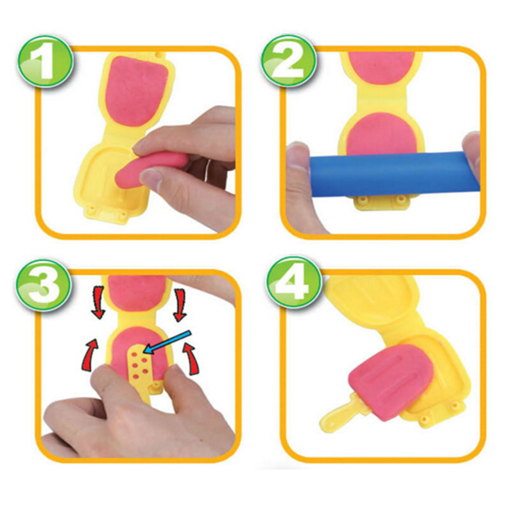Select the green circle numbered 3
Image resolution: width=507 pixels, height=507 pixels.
pos(44,285)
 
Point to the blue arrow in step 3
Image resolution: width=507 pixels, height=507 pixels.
pos(167,342)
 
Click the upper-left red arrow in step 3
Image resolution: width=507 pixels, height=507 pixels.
pos(98,302)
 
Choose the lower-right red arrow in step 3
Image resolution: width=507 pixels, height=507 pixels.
pos(191,359)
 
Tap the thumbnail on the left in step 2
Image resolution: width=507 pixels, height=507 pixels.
pos(298,158)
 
